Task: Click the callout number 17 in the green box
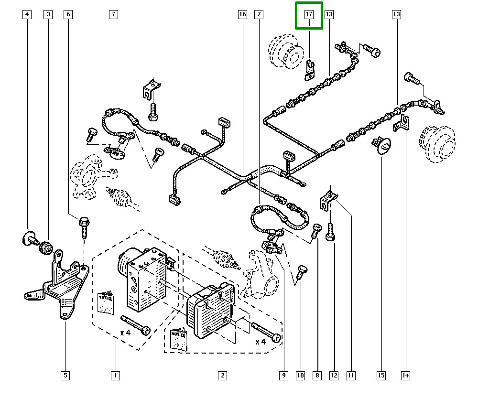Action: pyautogui.click(x=309, y=15)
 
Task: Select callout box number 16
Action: pyautogui.click(x=242, y=15)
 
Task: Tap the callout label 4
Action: pyautogui.click(x=27, y=15)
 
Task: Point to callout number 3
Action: pyautogui.click(x=48, y=15)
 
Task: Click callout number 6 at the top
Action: pyautogui.click(x=68, y=15)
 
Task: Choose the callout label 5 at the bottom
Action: pyautogui.click(x=65, y=376)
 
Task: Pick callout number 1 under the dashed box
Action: pyautogui.click(x=115, y=376)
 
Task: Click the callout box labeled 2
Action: pyautogui.click(x=222, y=376)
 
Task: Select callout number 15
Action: pyautogui.click(x=381, y=376)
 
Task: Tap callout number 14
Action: pyautogui.click(x=405, y=376)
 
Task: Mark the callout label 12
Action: pyautogui.click(x=334, y=376)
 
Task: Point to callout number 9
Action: pyautogui.click(x=283, y=376)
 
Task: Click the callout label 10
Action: pyautogui.click(x=300, y=376)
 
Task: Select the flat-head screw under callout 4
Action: pyautogui.click(x=30, y=237)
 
